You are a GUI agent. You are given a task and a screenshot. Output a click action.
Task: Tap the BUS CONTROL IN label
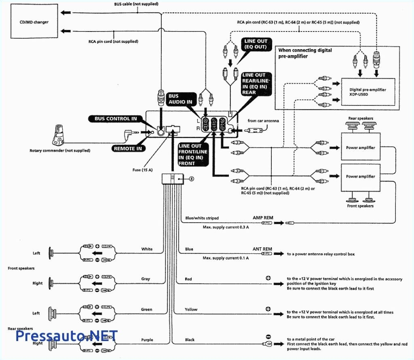click(x=116, y=119)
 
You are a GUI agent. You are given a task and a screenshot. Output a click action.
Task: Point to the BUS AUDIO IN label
click(x=180, y=99)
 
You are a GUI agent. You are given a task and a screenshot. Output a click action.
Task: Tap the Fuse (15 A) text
click(x=142, y=170)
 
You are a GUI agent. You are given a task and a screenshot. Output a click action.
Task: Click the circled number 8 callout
click(x=192, y=178)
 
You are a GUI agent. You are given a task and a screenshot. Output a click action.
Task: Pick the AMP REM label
click(x=263, y=218)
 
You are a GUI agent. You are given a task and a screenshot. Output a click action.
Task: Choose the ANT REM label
click(x=262, y=248)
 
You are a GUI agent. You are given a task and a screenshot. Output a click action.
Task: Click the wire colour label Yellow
click(x=191, y=309)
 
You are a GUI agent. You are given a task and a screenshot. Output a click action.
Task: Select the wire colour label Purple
click(x=147, y=340)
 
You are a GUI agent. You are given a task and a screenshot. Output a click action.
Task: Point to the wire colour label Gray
click(x=146, y=279)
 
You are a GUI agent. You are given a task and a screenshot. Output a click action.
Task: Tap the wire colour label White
click(x=147, y=249)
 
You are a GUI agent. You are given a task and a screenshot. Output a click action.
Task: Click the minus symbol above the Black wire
click(x=268, y=337)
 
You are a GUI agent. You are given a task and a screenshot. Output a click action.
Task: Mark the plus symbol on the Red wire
click(x=268, y=278)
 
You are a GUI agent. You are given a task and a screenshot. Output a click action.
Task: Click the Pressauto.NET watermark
click(x=67, y=336)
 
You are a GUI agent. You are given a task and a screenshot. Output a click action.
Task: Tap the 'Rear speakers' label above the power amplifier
click(x=361, y=118)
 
